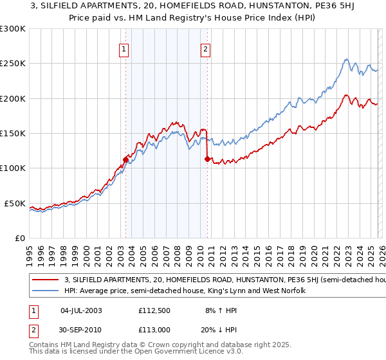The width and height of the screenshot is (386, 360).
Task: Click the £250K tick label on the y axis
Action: click(x=13, y=64)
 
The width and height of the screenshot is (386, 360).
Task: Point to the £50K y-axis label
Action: click(x=15, y=203)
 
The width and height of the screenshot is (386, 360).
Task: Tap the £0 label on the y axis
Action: click(x=20, y=238)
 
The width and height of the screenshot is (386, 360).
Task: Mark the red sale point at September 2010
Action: click(x=207, y=159)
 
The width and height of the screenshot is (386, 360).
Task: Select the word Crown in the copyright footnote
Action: click(x=165, y=345)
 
